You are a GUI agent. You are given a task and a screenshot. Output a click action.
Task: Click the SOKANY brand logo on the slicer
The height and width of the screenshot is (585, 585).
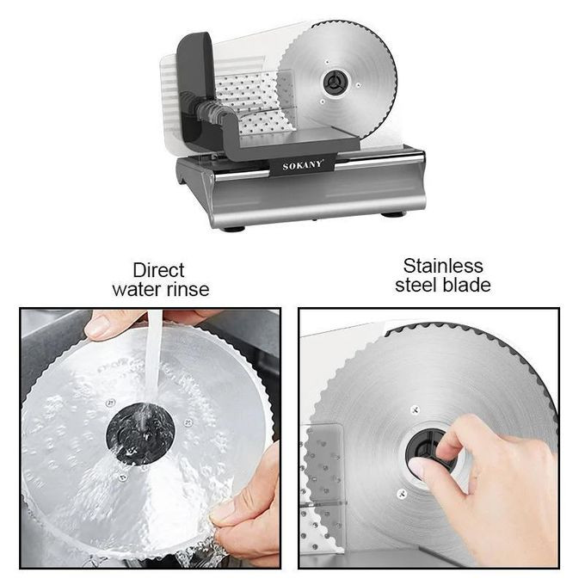[303, 165]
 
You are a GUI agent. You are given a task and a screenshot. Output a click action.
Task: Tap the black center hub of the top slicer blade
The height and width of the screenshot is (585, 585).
[335, 82]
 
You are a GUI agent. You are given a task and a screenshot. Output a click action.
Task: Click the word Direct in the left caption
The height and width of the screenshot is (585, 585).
[158, 270]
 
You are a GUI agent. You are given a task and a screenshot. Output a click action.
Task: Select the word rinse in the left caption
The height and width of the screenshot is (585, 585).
[185, 290]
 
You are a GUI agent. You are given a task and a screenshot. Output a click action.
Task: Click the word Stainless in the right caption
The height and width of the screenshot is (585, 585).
[443, 267]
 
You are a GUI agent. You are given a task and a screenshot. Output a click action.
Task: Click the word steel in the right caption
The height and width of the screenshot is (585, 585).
[417, 286]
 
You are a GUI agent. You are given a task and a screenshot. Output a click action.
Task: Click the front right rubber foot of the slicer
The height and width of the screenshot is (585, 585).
[393, 215]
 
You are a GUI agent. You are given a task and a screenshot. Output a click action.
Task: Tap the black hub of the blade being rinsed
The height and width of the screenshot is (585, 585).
[140, 433]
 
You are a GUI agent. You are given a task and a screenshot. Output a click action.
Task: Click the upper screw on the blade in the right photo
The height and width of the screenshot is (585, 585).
[415, 410]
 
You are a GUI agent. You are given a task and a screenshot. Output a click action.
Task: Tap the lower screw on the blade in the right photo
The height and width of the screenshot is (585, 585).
[402, 494]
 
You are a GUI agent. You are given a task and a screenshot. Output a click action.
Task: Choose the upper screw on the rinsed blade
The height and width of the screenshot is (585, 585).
[110, 403]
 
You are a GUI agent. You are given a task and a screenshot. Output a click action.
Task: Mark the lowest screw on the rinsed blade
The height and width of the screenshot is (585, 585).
[122, 477]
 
